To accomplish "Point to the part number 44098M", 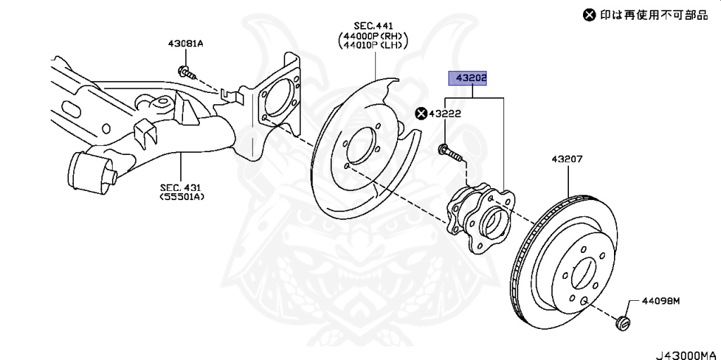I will pyautogui.click(x=662, y=301).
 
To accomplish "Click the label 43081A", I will pyautogui.click(x=185, y=44).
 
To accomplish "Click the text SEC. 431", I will pyautogui.click(x=180, y=187).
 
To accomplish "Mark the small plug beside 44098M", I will pyautogui.click(x=621, y=323).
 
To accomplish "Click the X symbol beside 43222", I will pyautogui.click(x=421, y=113).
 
